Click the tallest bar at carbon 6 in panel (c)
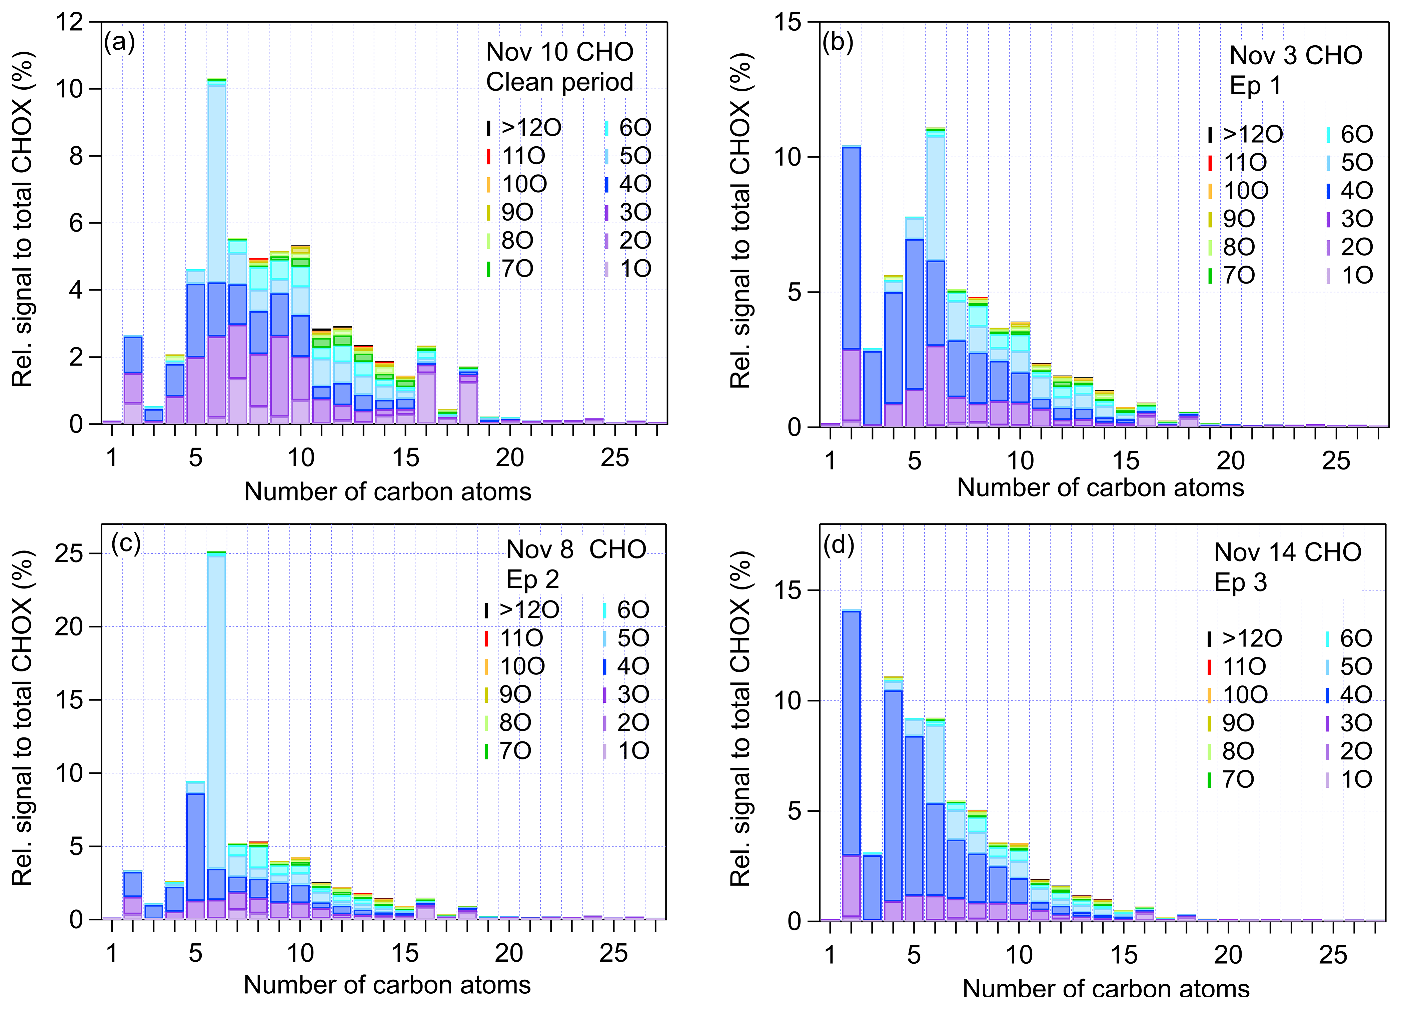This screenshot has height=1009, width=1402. [216, 735]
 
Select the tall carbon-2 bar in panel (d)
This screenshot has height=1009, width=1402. [851, 766]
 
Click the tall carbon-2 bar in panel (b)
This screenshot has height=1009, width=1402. [851, 284]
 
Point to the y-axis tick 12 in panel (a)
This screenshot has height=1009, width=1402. [69, 22]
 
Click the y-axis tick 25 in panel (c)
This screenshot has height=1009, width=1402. [69, 553]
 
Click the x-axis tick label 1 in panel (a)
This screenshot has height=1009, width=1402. [111, 458]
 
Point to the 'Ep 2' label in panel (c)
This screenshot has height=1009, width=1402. [532, 579]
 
